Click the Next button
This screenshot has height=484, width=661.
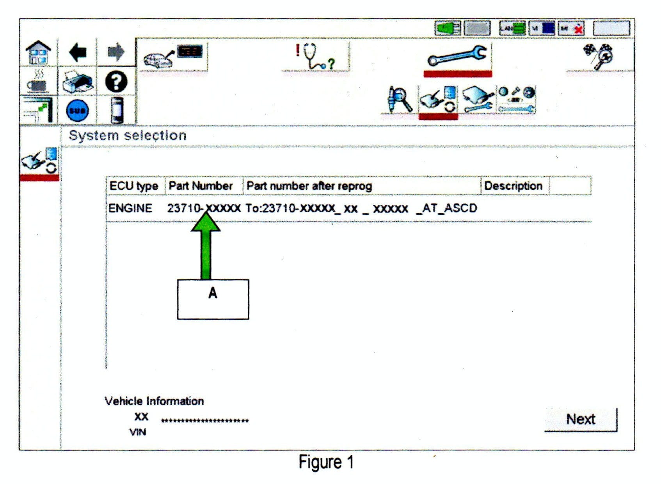pos(580,420)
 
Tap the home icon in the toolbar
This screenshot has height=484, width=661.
pos(38,53)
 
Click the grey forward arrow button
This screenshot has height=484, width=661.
pos(116,52)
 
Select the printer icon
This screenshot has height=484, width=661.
pos(77,82)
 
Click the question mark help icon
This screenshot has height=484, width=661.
pos(116,82)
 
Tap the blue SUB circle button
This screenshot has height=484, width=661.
pos(77,111)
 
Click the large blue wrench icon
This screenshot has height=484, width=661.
pos(457,56)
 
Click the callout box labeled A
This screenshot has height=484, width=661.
pos(213,299)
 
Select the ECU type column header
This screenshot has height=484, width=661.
pos(134,186)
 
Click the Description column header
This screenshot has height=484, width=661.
pos(513,186)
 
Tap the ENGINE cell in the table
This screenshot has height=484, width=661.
pos(130,208)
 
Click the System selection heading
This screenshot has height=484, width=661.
pos(128,135)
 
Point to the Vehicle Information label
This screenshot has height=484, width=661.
pos(154,401)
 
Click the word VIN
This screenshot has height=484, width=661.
pos(138,432)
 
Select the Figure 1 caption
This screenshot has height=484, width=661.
pos(326,462)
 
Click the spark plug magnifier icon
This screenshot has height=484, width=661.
pos(399,99)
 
